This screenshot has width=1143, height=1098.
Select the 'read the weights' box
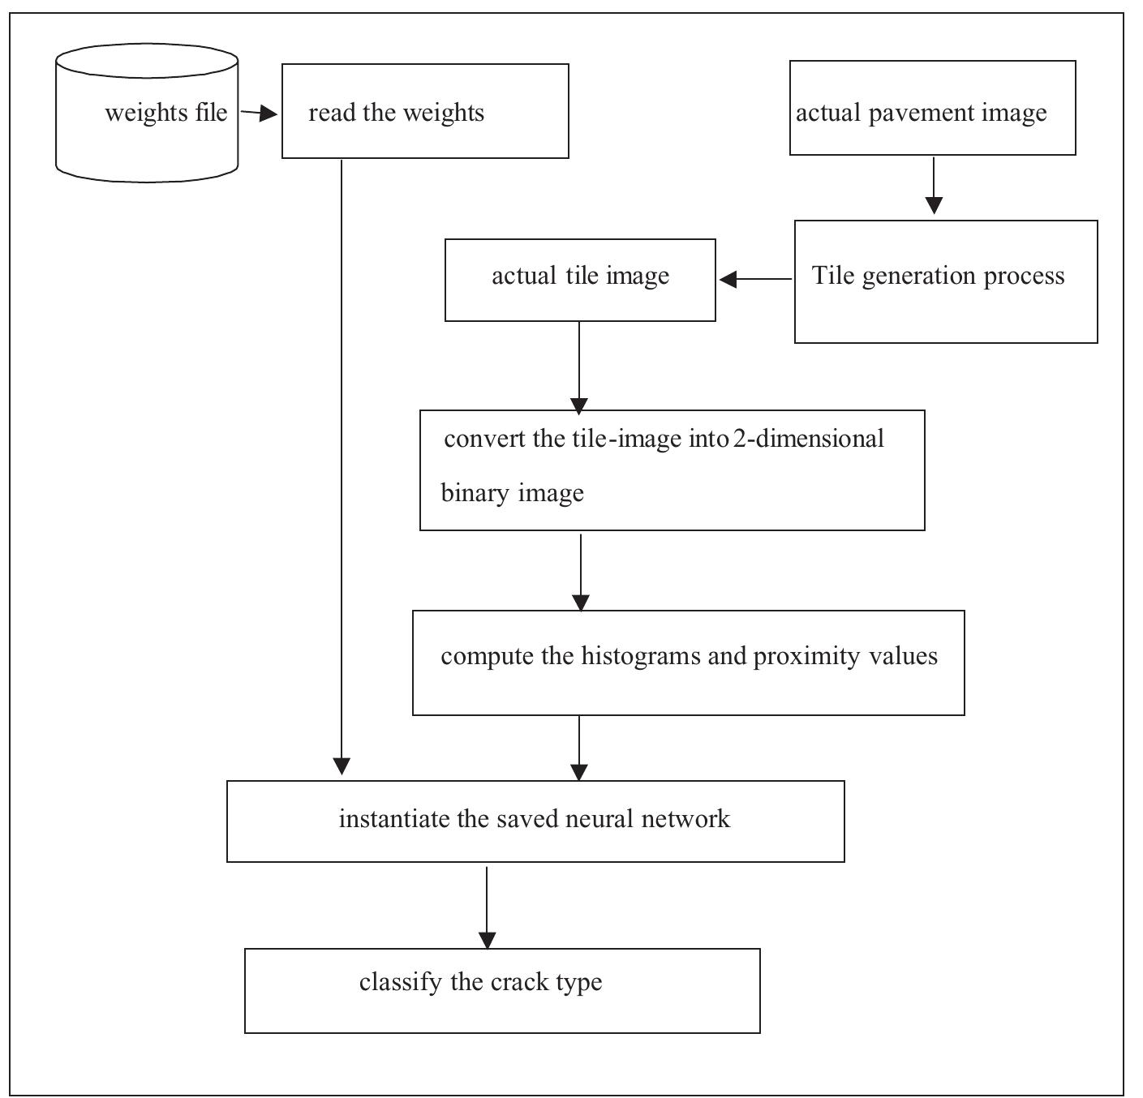pos(424,111)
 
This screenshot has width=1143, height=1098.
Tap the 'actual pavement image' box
pos(932,108)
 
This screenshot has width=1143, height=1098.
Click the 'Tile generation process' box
pos(945,281)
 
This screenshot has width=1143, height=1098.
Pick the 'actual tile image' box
pos(580,280)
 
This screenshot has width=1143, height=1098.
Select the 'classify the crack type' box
pos(502,990)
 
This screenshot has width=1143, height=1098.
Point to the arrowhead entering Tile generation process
pos(934,205)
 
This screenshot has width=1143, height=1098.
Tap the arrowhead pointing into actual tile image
pos(728,279)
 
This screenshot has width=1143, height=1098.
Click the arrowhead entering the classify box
pos(487,940)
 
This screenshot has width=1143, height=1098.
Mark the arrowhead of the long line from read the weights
pos(342,766)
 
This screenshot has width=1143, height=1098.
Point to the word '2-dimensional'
pos(808,439)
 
